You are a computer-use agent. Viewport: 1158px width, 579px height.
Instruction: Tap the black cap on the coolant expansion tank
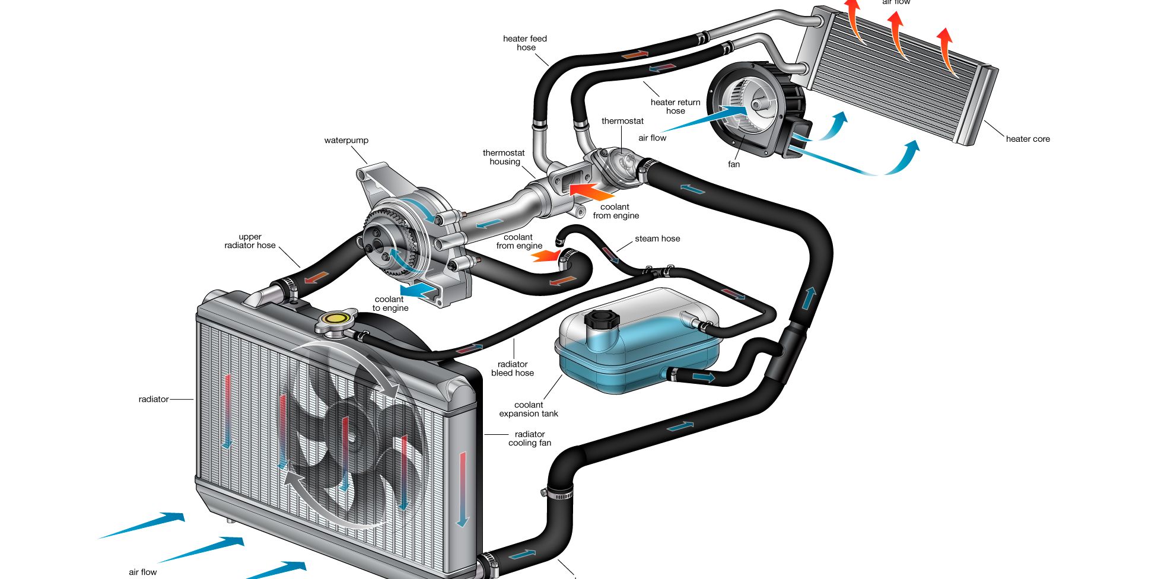pos(602,320)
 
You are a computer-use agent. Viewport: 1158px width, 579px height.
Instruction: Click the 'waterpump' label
pos(346,141)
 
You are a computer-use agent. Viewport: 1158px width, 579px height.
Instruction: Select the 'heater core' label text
pos(1027,139)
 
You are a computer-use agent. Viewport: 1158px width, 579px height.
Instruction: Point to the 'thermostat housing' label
pos(504,157)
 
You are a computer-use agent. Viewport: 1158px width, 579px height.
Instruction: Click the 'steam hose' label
pos(657,238)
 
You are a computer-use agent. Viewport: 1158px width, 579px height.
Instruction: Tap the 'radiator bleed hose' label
pos(513,368)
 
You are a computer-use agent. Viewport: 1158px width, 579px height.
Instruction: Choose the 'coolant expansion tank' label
pos(529,409)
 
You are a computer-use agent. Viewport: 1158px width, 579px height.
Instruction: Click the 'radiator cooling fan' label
pos(530,438)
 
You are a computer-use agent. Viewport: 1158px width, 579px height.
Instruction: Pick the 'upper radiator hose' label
pos(250,241)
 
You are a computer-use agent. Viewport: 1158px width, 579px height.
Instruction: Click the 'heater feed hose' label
pos(525,43)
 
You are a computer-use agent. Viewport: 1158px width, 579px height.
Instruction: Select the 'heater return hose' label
pos(675,106)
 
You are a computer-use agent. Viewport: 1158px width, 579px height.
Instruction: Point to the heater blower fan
pos(750,110)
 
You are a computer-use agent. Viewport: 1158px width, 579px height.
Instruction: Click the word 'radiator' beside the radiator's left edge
pos(154,399)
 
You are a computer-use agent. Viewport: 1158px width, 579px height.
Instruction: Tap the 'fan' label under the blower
pos(734,164)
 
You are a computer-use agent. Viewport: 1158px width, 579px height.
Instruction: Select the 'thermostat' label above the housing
pos(622,121)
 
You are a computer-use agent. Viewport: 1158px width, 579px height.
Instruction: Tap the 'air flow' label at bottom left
pos(142,572)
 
